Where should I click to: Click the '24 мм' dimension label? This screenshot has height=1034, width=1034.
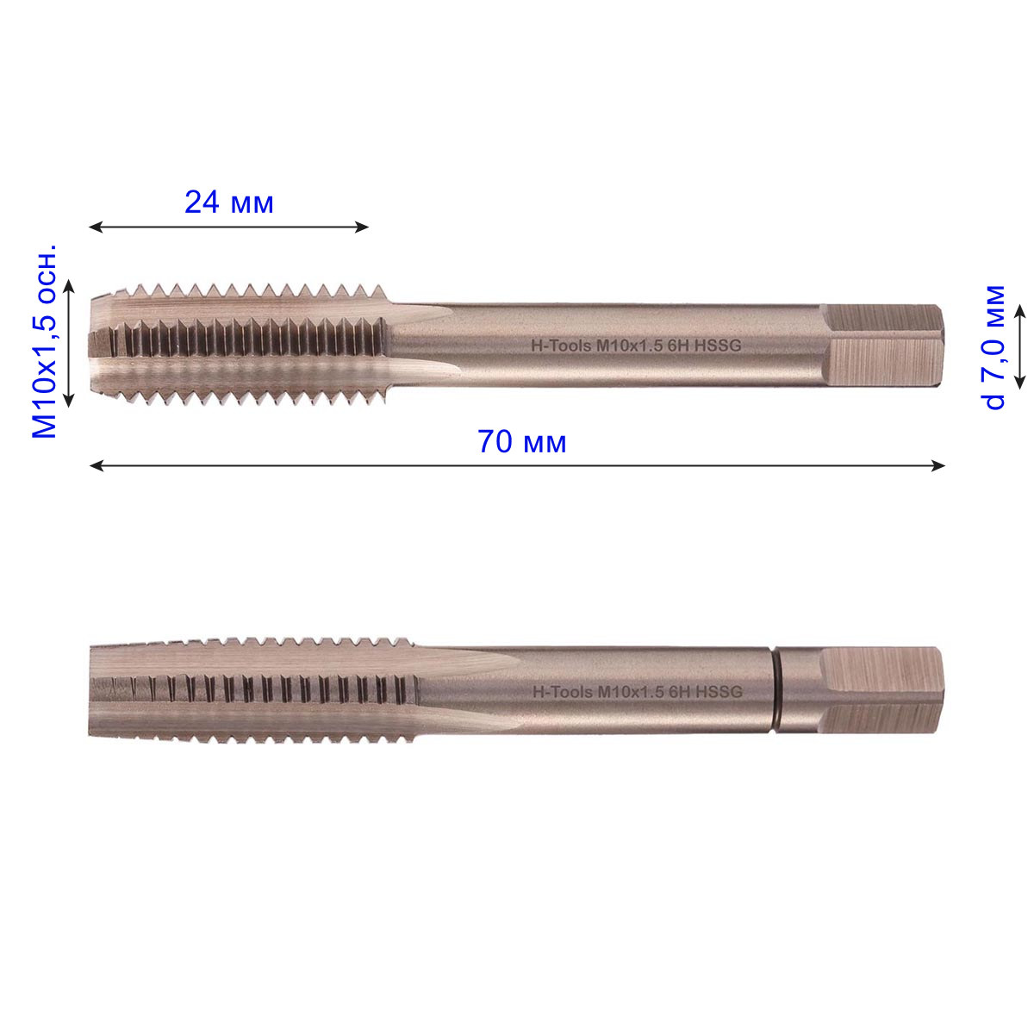point(229,202)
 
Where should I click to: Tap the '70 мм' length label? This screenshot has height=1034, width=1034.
point(521,442)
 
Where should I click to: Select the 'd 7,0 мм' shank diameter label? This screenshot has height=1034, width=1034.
point(995,347)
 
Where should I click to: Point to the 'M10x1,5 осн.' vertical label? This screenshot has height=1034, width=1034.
point(45,341)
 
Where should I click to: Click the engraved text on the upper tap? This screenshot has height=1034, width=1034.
point(637,346)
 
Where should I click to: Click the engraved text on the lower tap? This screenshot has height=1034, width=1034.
point(638,692)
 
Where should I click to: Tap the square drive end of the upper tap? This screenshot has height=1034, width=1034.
point(882,345)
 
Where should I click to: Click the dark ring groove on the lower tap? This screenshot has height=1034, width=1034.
point(776,690)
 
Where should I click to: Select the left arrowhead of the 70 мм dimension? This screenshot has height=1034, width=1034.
point(96,466)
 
